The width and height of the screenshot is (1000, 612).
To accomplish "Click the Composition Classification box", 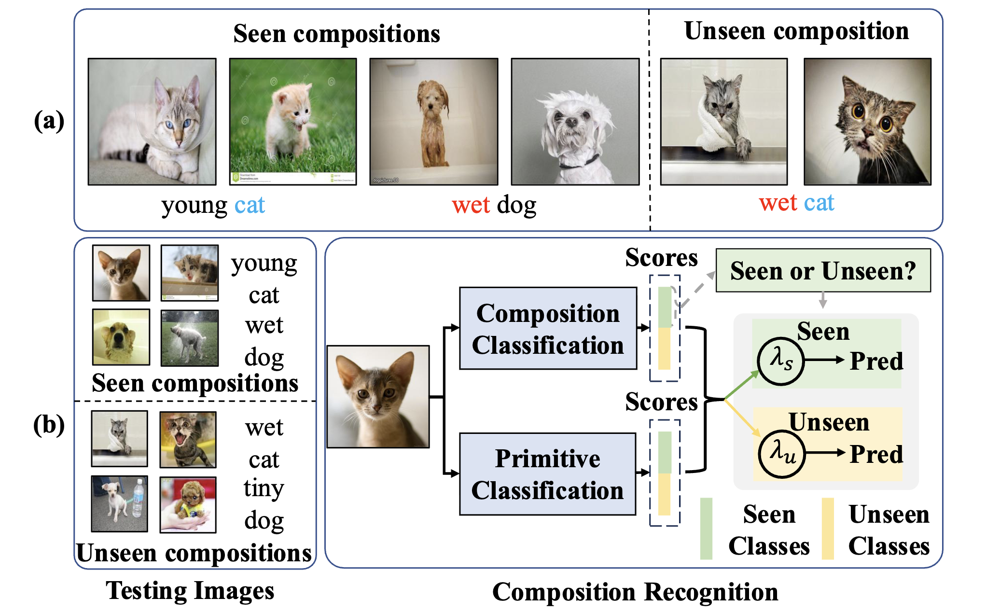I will coord(548,329).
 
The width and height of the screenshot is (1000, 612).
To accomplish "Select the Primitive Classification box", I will coord(548,474).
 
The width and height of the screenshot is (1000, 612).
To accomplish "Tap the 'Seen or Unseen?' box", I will coord(823,270).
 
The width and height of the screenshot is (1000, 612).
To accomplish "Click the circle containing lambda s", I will coord(780,361).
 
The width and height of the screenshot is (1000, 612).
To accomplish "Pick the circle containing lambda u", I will coord(782,454).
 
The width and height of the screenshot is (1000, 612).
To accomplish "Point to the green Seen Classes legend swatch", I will coord(706,529).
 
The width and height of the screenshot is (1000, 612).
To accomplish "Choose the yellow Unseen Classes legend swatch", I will coord(828,529).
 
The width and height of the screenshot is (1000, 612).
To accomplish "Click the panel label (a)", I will coord(49,121).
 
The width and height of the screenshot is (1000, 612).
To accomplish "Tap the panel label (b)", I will coord(49,425).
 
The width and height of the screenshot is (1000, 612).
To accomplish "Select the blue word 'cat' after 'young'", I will coord(250,205).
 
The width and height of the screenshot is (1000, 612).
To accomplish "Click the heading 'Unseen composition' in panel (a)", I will coord(796,31).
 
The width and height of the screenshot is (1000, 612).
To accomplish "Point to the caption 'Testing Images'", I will coord(190,590).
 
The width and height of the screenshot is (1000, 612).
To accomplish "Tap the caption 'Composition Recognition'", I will coord(635,592).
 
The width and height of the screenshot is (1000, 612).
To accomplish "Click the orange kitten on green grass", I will coord(293,121).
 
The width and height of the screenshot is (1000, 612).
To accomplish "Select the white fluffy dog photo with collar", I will coord(575,121).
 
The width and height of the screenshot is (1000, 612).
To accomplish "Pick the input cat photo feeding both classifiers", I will coord(378,396).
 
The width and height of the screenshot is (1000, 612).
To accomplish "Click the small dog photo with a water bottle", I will coord(120,503).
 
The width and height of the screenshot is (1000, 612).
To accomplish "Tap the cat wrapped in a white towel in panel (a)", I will coord(724,121).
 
